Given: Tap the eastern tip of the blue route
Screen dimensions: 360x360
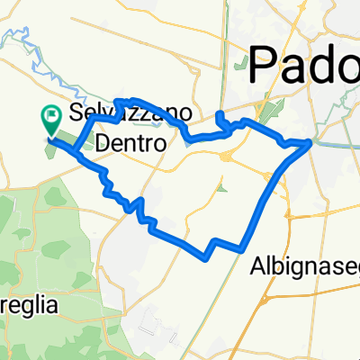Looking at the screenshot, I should tap(310, 141).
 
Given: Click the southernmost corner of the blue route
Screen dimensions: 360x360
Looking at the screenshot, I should tap(205, 256).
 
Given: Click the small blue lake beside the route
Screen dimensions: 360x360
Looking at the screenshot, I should tap(187, 139).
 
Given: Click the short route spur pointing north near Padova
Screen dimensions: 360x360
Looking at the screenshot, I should tap(220, 118).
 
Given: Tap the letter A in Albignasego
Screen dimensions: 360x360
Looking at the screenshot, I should tap(255, 248).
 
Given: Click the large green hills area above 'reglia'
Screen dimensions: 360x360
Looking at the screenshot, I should tap(40, 225).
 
